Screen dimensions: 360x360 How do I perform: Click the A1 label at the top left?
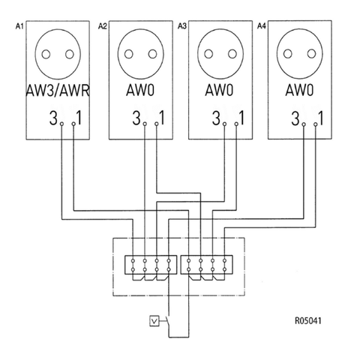pos(19,26)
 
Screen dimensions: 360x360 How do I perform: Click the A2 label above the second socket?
pos(102,26)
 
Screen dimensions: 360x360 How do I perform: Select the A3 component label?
pos(181,26)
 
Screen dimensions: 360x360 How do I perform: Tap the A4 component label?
pos(261,26)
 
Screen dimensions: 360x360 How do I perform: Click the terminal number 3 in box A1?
pos(52,118)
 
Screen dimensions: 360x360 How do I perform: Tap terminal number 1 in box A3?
pos(241,118)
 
